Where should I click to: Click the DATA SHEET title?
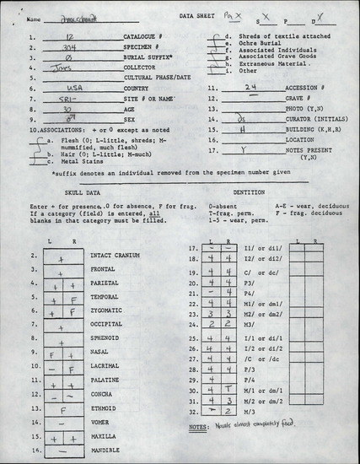point(199,17)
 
